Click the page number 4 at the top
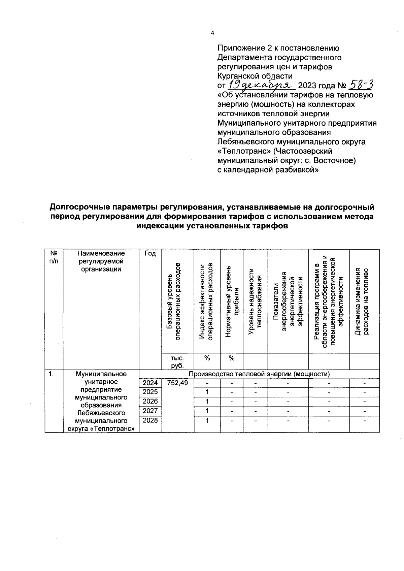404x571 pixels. pos(212,33)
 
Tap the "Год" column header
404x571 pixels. pos(150,253)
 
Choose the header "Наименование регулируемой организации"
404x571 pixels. pos(101,261)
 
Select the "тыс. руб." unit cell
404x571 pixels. pos(177,361)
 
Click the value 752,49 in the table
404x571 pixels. pos(177,383)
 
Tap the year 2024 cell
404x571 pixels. pos(150,383)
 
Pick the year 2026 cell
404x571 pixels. pos(150,402)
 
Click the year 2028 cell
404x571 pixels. pos(150,420)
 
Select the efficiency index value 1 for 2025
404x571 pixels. pos(207,392)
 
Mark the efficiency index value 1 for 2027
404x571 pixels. pos(207,411)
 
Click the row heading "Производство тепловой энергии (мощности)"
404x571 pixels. pos(259,374)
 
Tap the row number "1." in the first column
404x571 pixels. pos(51,374)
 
